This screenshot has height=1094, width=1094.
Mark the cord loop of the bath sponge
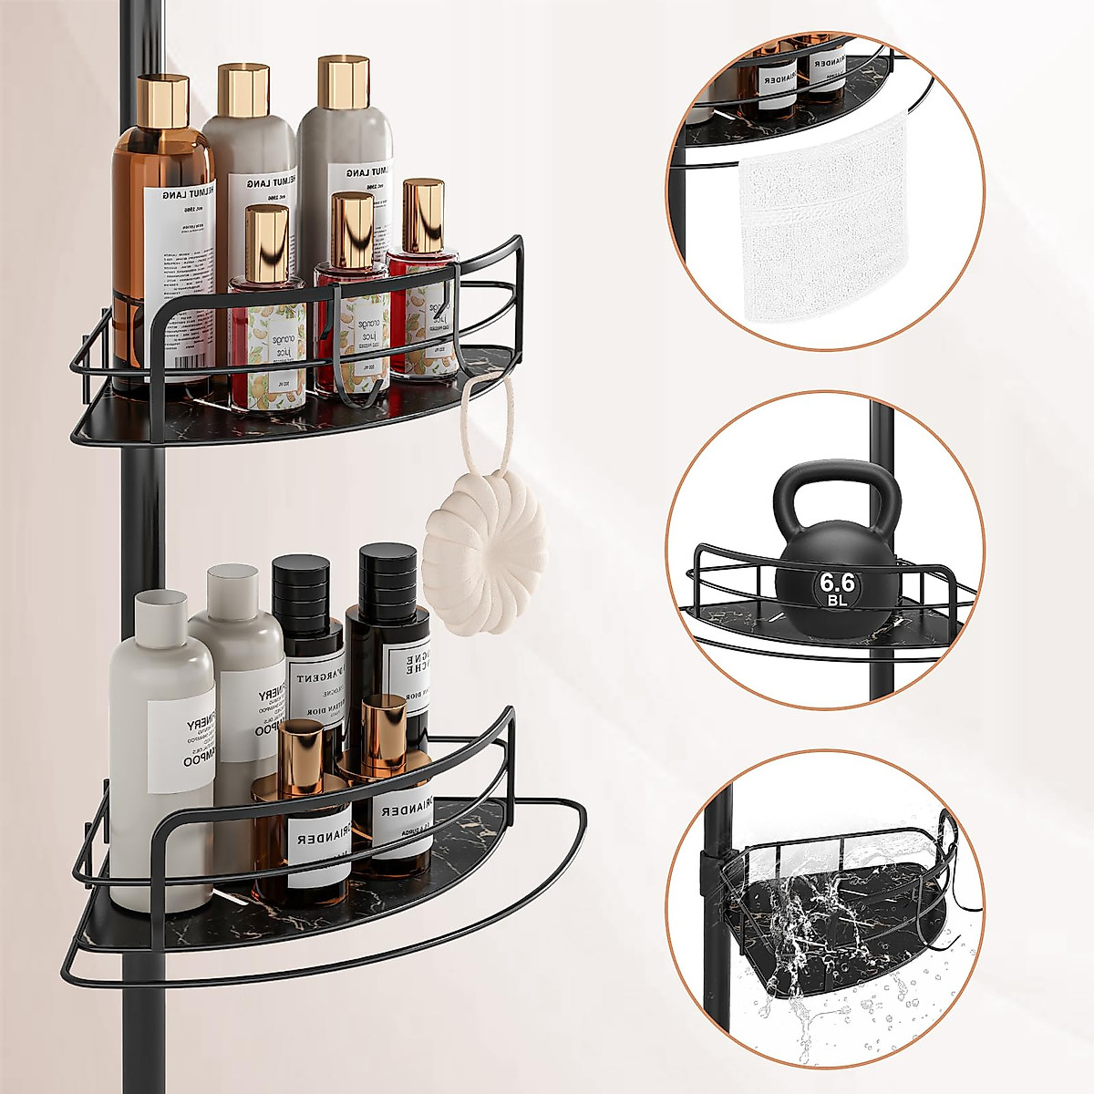pyautogui.click(x=474, y=419)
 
